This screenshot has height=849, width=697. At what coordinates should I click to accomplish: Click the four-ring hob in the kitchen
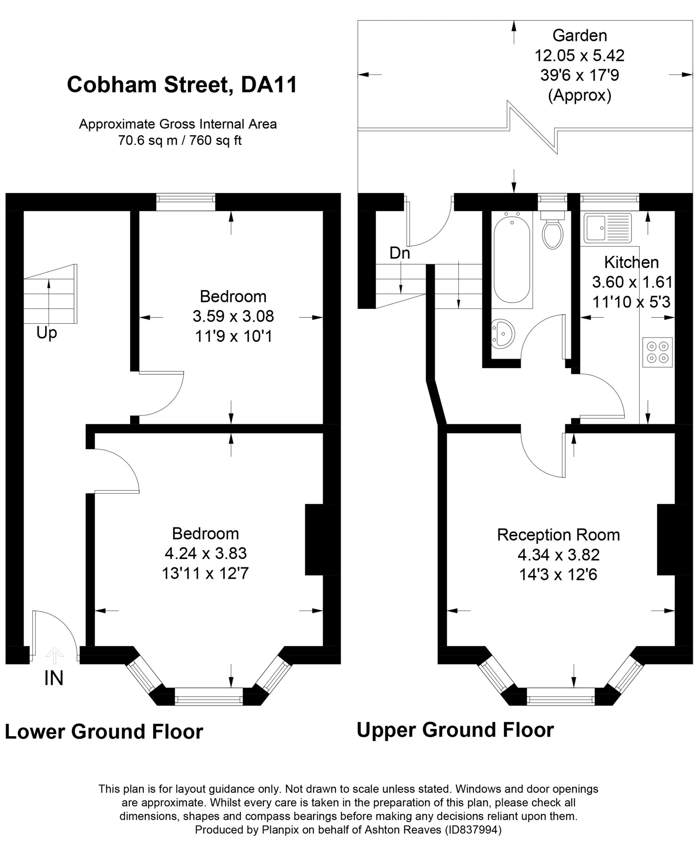coord(657,352)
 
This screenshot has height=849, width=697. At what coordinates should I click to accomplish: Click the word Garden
coord(579,35)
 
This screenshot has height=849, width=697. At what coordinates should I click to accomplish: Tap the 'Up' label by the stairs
coord(46,333)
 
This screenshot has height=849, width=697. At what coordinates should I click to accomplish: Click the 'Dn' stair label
coord(400,253)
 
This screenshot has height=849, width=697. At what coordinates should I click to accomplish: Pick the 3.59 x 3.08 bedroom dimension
coord(233,316)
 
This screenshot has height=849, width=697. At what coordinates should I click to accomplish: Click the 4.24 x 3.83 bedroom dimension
coord(205,553)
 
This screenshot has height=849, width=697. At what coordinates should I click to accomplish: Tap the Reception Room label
coord(558,535)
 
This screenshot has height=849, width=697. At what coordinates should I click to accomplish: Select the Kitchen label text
coord(631,262)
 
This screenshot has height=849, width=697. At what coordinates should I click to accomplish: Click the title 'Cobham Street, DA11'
coord(182,85)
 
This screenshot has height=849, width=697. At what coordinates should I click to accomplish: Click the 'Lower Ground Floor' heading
coord(104,731)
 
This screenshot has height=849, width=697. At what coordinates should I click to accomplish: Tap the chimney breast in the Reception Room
coord(666,540)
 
